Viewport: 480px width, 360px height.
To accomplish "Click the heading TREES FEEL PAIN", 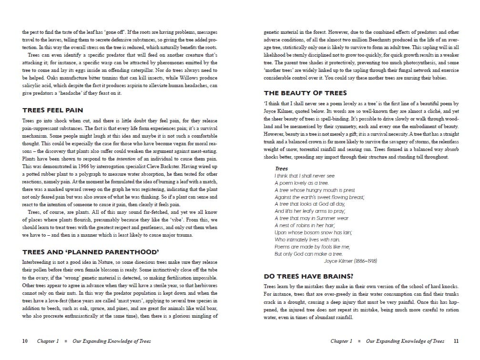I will (52, 110).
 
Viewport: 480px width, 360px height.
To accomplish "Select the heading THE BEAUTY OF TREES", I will (305, 93).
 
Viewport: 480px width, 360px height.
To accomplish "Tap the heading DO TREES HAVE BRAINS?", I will (308, 276).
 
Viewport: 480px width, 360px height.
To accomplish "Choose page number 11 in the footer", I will (456, 341).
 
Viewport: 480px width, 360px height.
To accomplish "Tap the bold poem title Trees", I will (281, 169).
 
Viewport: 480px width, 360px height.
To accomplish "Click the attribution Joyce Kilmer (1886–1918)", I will (350, 261).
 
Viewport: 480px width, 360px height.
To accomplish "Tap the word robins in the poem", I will (302, 225).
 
